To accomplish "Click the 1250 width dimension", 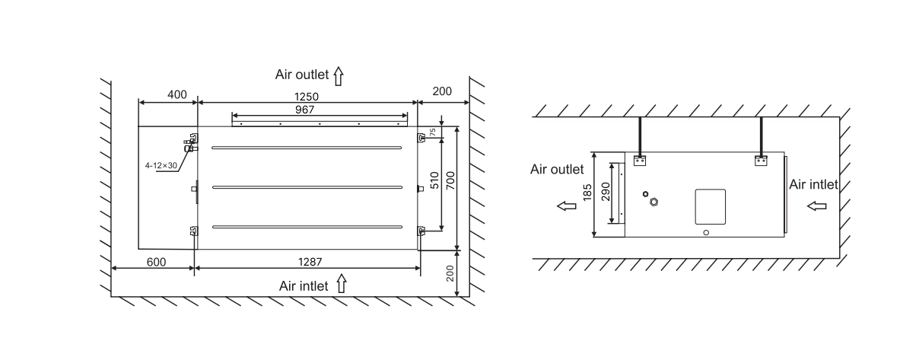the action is click(307, 97).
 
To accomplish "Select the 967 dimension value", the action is click(305, 110).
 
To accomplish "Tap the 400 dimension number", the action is click(177, 94).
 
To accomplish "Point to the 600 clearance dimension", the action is click(156, 262).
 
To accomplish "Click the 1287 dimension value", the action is click(310, 262).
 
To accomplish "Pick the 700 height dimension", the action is click(450, 181).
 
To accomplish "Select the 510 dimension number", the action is click(434, 181).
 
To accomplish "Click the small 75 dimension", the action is click(434, 131).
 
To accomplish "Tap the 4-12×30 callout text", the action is click(161, 165).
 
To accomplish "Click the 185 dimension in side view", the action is click(587, 192).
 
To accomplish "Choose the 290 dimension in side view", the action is click(606, 192).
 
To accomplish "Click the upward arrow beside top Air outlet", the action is click(338, 76).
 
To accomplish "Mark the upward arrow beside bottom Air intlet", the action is click(342, 284).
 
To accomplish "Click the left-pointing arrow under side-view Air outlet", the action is click(567, 205).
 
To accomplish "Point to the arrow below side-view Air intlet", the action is click(817, 205).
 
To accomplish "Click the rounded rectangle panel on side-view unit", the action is click(710, 207).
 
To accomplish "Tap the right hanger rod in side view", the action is click(761, 135).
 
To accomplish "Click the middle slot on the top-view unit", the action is click(307, 187).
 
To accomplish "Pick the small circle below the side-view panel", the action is click(706, 233).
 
